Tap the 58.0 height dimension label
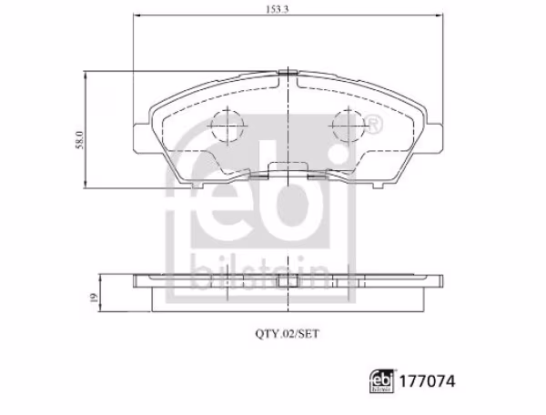click(79, 142)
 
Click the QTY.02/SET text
click(287, 334)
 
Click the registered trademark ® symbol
click(372, 122)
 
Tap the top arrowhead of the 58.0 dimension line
click(87, 76)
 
